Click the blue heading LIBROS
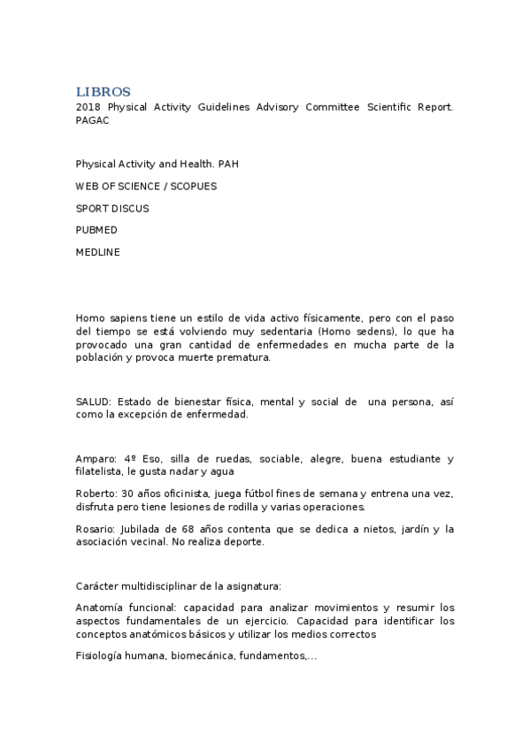104,92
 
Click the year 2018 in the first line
88,107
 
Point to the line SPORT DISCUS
112,209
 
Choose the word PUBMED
96,230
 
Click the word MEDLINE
97,252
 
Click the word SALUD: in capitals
94,402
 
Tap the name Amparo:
96,459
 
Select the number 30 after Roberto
128,493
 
